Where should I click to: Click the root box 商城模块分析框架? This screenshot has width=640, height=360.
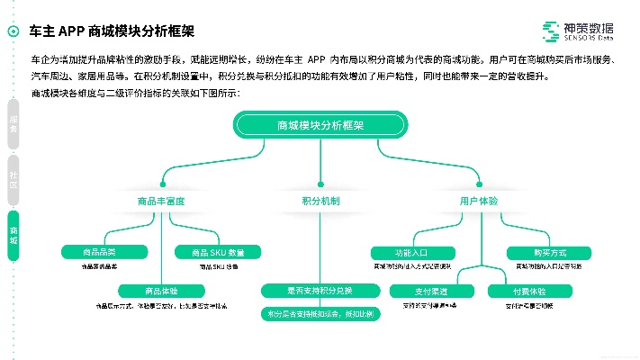pos(320,126)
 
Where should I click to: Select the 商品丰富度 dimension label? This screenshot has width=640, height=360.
pos(161,201)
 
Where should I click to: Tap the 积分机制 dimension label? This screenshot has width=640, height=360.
pos(320,201)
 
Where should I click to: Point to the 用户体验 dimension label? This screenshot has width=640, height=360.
pos(478,201)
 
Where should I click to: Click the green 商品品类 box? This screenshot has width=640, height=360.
pos(99,252)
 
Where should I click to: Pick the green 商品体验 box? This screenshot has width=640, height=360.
pos(161,291)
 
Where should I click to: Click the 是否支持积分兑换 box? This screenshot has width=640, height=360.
pos(320,291)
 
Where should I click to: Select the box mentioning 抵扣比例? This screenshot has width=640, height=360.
pos(320,314)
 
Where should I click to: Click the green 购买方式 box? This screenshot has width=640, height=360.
pos(549,252)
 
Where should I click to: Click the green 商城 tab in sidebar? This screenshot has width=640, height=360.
pos(14,234)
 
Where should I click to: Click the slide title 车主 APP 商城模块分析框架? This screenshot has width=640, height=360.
pos(112,31)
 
